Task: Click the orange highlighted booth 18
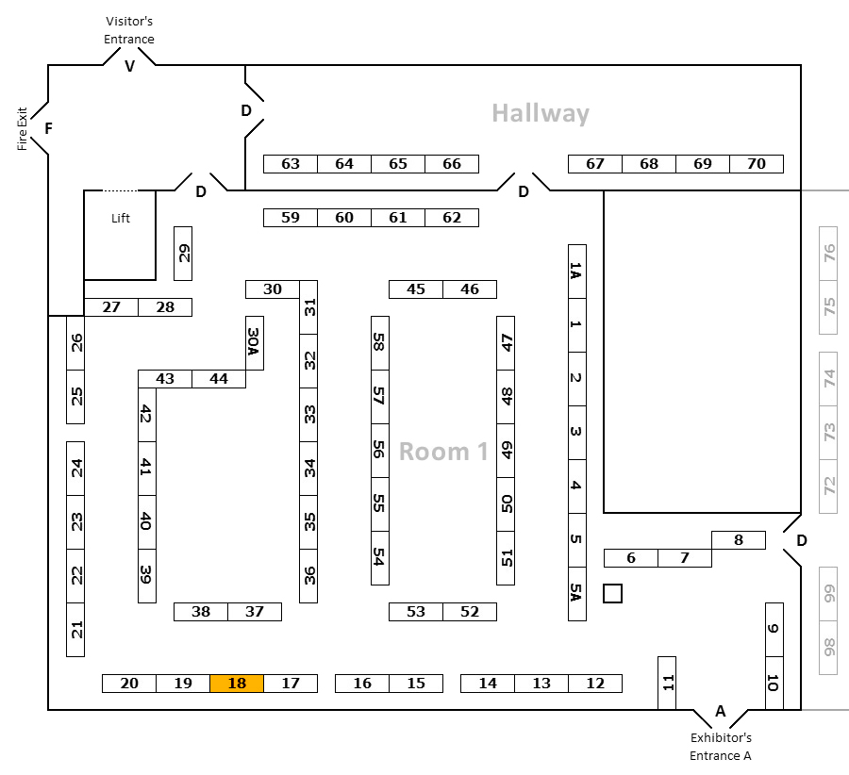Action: [237, 684]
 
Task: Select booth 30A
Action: [255, 343]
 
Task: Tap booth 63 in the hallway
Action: [291, 164]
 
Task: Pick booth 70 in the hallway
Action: [757, 164]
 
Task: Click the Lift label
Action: [120, 218]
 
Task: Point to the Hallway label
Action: [541, 114]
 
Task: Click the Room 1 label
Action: [443, 452]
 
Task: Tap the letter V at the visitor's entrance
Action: [129, 66]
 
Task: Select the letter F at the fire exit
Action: [49, 128]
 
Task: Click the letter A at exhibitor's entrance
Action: [720, 711]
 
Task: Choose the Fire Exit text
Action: [23, 129]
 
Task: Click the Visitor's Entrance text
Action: [129, 30]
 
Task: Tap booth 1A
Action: [577, 272]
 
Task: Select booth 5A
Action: [577, 594]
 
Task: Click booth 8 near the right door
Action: [739, 540]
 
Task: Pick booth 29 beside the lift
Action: [183, 254]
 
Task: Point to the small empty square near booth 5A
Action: [612, 594]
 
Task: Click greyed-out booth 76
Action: [828, 254]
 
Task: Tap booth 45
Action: [416, 289]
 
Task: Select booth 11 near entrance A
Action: [667, 683]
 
